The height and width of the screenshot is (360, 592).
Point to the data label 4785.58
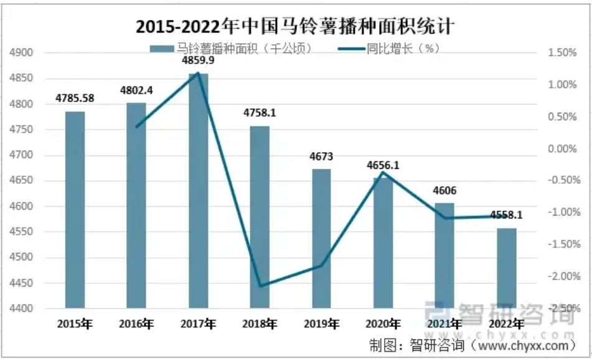point(75,98)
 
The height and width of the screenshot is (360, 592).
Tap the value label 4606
point(444,191)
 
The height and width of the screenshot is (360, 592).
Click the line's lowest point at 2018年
point(260,287)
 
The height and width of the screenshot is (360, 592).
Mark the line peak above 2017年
point(198,73)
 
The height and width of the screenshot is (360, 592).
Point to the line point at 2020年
point(383,172)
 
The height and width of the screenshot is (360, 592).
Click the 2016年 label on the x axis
point(136,324)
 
